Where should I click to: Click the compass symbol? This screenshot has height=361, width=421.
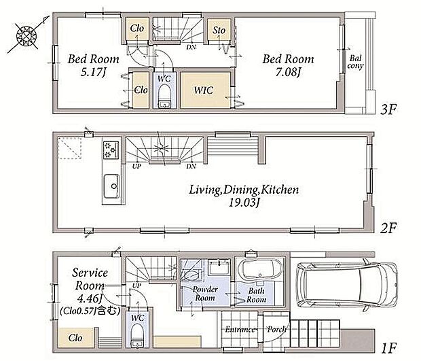coord(26,35)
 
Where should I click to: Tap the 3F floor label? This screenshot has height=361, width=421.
coord(388,109)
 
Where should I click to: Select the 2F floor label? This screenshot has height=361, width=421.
coord(388,228)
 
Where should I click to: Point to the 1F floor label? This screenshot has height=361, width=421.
coord(389,348)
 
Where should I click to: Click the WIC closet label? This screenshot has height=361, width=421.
coord(204,90)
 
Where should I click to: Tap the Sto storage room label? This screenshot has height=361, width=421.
coord(219,30)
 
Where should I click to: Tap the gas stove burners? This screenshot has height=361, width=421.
coord(111,150)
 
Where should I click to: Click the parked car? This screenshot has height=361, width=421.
coord(346,286)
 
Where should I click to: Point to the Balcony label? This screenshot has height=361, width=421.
coord(355,62)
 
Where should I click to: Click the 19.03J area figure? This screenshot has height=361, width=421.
coord(244,203)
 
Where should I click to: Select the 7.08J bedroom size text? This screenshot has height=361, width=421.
coord(287,72)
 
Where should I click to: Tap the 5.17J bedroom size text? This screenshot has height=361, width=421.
coord(93,72)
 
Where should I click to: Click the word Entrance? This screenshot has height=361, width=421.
coord(240,329)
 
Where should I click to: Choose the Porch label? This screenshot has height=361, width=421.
coord(276,329)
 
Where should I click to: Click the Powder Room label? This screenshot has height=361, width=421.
coord(205,294)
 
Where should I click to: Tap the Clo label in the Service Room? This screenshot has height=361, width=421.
coord(75,338)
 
